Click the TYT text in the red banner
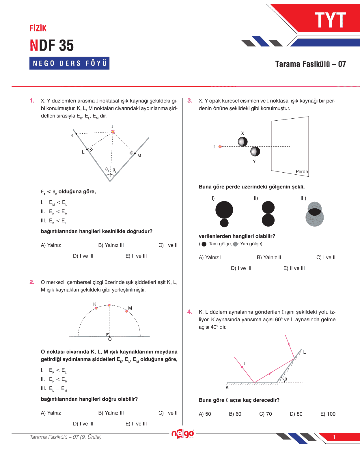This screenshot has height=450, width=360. point(330,20)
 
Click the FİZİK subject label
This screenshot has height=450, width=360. point(38,28)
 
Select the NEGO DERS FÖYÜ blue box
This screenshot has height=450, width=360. point(69,63)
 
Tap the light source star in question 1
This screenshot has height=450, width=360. point(113,132)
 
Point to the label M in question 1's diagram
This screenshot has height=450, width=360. point(139,156)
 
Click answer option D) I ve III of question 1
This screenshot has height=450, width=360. point(83,256)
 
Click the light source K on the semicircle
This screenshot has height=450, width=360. point(96,308)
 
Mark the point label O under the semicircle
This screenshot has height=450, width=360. point(110,339)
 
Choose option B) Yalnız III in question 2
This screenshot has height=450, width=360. point(111,413)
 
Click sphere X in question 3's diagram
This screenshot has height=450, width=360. point(243,142)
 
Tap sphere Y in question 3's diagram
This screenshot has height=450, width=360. point(255,151)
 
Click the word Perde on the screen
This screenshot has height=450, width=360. point(302,172)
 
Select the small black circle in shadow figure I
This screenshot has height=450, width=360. point(224,223)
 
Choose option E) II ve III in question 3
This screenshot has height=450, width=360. point(294,268)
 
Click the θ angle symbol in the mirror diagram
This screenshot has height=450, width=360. point(286,379)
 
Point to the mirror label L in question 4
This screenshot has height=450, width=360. point(304,352)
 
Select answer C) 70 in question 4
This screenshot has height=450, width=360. point(265,414)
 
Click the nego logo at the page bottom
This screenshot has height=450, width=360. point(182,434)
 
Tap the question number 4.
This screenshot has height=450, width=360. point(190,312)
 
